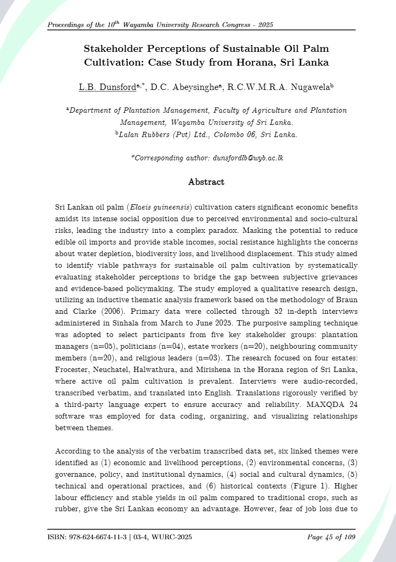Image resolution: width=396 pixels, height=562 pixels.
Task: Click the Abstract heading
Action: pyautogui.click(x=206, y=182)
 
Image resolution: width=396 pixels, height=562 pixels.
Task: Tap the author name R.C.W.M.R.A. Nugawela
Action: pyautogui.click(x=276, y=87)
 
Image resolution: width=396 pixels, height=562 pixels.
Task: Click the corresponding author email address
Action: pyautogui.click(x=248, y=158)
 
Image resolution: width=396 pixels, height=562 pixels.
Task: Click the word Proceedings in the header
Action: pyautogui.click(x=68, y=25)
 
